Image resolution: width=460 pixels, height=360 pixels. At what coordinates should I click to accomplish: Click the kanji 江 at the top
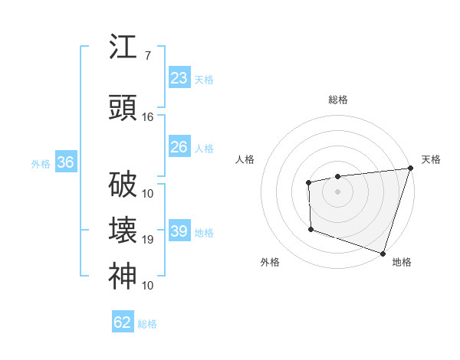(x=122, y=47)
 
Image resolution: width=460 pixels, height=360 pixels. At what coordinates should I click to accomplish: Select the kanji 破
(x=122, y=185)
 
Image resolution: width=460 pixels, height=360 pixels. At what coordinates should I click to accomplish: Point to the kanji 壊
(x=122, y=231)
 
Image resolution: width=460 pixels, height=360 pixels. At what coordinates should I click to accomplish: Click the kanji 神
(x=122, y=277)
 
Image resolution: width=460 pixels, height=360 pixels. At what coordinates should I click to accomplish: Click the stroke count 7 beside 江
(x=147, y=56)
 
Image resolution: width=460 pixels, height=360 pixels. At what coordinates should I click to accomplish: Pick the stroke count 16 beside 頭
(x=148, y=117)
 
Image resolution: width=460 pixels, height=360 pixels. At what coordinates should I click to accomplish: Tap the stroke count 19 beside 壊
(x=148, y=240)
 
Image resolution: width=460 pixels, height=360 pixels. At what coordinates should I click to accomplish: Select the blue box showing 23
(x=179, y=78)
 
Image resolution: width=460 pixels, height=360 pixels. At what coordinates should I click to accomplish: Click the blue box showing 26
(x=179, y=147)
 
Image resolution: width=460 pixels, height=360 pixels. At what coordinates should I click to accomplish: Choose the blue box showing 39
(x=179, y=231)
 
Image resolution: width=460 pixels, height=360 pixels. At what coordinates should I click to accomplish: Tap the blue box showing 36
(x=65, y=162)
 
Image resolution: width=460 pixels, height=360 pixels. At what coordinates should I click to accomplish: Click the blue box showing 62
(x=123, y=322)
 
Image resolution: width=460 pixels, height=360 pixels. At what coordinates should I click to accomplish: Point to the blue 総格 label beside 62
(x=147, y=324)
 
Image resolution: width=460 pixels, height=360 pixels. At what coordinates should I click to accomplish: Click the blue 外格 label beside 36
(x=41, y=163)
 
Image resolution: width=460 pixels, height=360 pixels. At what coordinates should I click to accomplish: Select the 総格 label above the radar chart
(x=337, y=100)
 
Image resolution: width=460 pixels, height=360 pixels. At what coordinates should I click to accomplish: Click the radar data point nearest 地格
(x=382, y=252)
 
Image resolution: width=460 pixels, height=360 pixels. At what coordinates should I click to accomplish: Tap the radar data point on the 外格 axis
(x=310, y=228)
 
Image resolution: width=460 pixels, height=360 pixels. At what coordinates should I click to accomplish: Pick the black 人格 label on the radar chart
(x=245, y=159)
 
